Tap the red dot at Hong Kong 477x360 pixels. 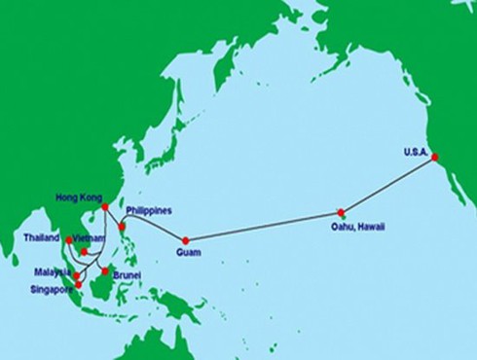pos(104,206)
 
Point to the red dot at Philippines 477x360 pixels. pos(122,228)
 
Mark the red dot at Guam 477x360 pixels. pos(185,240)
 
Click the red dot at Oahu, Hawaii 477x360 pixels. pos(341,212)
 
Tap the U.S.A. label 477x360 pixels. pos(416,151)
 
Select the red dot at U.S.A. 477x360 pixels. pos(434,157)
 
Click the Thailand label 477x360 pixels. pos(43,236)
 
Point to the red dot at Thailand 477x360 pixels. pos(68,239)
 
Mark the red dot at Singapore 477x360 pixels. pos(79,284)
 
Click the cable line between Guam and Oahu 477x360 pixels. pos(263,227)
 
